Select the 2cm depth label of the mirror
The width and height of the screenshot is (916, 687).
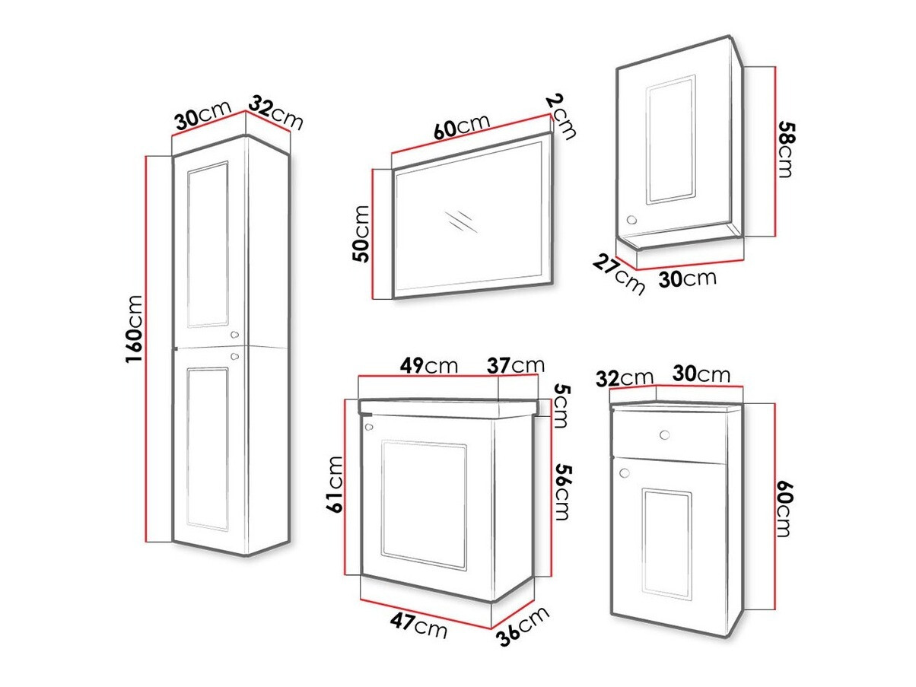[561, 116]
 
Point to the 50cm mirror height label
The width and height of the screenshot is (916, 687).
[361, 234]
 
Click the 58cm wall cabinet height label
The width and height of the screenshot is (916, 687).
[784, 149]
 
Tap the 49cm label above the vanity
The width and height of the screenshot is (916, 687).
[428, 365]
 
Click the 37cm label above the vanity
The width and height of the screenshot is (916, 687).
[516, 365]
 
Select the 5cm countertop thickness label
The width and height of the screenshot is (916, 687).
[560, 406]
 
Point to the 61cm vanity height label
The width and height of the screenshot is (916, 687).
[335, 484]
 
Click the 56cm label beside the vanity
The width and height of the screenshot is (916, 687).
[562, 492]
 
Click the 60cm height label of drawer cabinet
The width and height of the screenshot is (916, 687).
[784, 509]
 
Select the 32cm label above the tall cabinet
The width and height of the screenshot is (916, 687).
[275, 114]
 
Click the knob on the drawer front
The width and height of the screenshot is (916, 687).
[665, 435]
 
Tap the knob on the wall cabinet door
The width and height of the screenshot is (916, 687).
[631, 220]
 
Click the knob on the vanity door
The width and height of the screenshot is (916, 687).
[369, 427]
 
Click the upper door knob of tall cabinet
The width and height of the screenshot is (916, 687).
[235, 334]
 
